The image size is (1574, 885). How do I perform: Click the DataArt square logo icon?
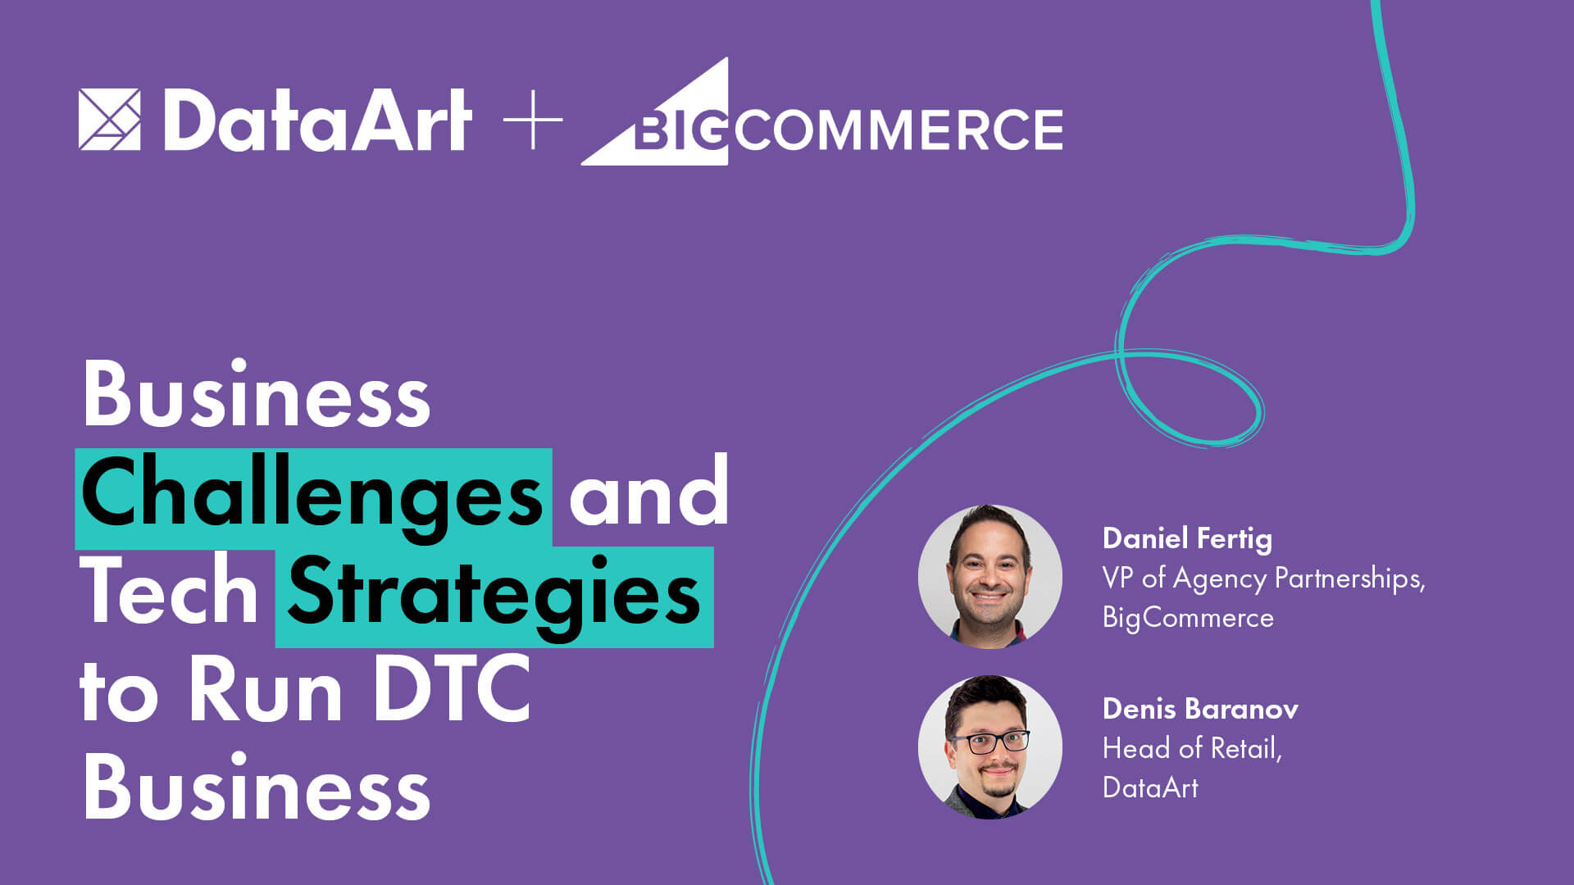point(109,120)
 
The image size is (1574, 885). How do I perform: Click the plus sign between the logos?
point(533,120)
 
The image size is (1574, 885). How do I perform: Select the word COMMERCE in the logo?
point(898,129)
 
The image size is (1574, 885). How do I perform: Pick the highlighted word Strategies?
point(494,596)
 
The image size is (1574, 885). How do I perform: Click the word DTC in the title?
point(452,690)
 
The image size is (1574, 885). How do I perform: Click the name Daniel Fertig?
point(1187,538)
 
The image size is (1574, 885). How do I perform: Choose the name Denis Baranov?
point(1200,709)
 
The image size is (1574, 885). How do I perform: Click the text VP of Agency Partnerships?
point(1263,579)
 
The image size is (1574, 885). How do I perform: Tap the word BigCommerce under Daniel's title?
point(1188,617)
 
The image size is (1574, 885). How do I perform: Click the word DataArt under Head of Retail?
point(1150,787)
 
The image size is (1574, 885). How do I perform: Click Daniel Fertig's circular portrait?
point(989,576)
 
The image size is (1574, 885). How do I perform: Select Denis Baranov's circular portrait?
point(989,747)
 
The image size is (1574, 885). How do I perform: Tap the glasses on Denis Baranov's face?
point(989,742)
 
